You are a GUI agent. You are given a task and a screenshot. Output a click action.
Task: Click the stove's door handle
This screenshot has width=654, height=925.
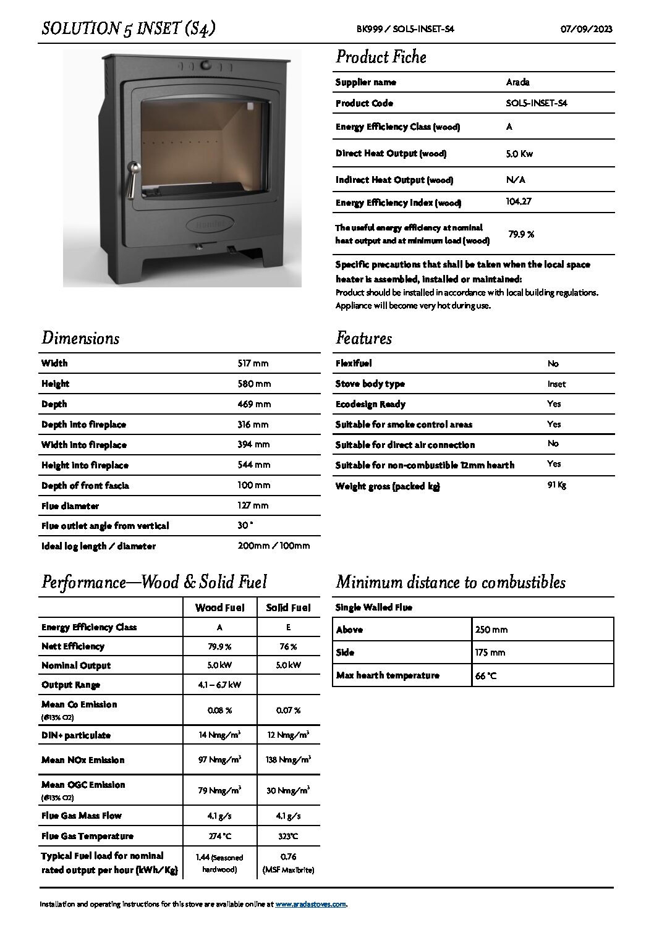point(132,180)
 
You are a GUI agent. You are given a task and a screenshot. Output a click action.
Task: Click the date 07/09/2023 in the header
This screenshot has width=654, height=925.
point(586,29)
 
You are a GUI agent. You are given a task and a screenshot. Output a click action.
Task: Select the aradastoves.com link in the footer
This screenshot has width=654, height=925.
point(310,904)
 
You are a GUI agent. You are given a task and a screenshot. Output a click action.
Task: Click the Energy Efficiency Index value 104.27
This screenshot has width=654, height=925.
point(518,201)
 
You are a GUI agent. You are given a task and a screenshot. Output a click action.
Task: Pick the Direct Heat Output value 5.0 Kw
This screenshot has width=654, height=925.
point(519,154)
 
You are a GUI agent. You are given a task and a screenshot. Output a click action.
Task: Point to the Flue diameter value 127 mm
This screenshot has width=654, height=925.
point(253,505)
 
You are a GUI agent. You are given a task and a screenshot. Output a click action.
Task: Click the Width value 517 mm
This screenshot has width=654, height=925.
point(253,363)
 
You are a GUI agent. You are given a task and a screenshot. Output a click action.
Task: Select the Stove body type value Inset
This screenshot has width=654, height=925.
point(556,384)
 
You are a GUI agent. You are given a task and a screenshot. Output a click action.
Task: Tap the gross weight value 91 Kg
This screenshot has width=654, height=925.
point(556,485)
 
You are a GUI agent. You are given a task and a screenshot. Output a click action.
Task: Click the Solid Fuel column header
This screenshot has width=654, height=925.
point(288,607)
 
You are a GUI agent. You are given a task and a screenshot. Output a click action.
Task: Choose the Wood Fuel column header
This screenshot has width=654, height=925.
point(219,607)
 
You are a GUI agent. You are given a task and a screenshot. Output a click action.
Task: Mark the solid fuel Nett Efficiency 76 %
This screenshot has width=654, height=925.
point(288,646)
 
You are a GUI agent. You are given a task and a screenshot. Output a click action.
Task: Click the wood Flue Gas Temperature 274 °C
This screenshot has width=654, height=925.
point(219,836)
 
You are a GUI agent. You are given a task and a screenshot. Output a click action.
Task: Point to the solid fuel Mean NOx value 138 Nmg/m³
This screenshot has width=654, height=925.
point(288,759)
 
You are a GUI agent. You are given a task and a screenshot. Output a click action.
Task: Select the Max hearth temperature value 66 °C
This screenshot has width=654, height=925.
point(486,676)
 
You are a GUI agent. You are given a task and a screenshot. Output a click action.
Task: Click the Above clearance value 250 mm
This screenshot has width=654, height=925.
point(491,630)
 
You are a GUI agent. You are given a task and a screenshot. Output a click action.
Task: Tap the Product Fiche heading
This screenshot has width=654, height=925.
point(381,57)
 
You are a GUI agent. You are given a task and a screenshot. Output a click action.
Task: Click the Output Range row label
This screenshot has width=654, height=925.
point(70,685)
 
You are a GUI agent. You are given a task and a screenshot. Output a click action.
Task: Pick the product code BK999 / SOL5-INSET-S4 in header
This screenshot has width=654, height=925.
point(405,29)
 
